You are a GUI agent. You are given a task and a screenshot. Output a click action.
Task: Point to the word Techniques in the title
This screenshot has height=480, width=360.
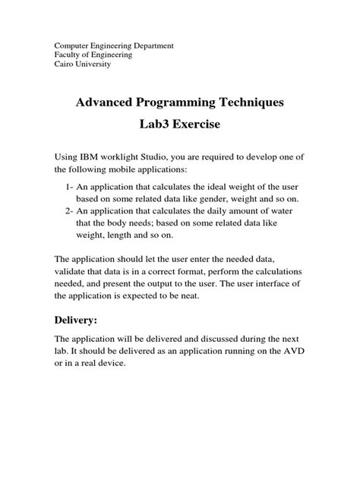[246, 102]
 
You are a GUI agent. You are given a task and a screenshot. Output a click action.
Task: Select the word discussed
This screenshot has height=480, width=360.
[219, 338]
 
